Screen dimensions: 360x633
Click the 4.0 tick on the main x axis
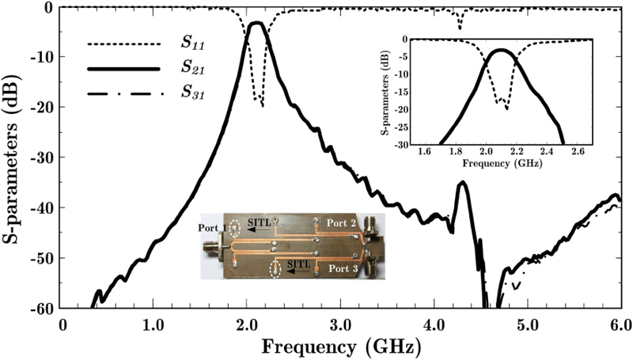click(434, 324)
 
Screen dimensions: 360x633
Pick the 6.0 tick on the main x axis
click(620, 324)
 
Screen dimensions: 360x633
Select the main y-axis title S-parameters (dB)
click(15, 157)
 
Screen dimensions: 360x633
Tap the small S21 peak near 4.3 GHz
click(462, 184)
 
